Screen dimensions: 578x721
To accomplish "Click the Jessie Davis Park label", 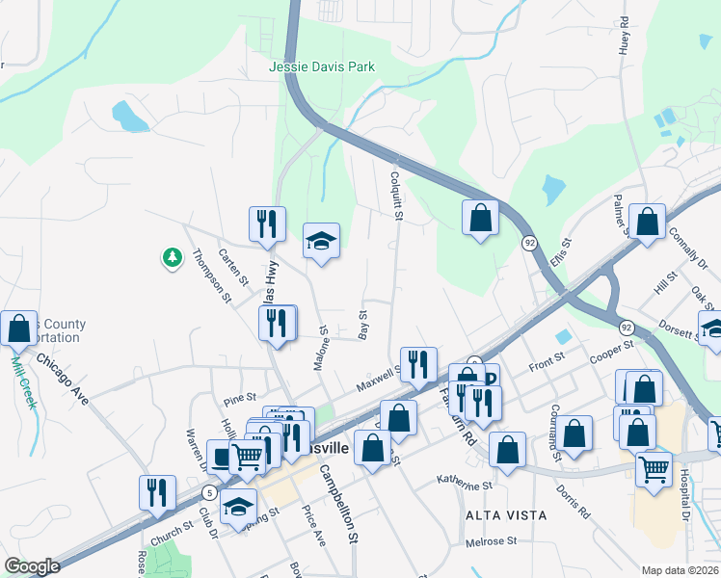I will coord(322,66).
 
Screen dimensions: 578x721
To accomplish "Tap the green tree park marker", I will coord(172,257).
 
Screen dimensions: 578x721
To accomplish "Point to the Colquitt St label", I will coord(395,194).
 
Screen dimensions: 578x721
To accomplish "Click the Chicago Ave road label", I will coord(64,379).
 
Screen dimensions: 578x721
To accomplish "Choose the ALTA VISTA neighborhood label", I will coord(506,515).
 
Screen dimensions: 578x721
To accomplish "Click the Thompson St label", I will coord(212,276).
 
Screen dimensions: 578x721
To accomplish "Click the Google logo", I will coord(31,566).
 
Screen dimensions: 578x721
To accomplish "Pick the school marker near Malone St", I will coord(322,241).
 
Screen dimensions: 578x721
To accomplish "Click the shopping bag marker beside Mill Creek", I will coord(18,329).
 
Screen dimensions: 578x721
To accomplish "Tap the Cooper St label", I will coord(611,350).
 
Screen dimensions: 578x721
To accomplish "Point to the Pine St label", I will coord(239,397).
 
